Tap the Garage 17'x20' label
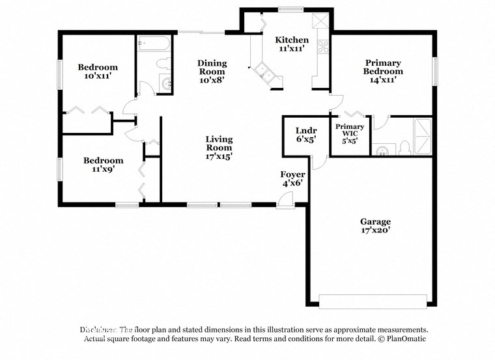point(376,226)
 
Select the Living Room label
point(219,148)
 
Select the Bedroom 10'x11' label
point(98,72)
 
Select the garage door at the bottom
point(373,301)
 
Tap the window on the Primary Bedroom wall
point(435,71)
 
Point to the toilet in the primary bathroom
point(404,148)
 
